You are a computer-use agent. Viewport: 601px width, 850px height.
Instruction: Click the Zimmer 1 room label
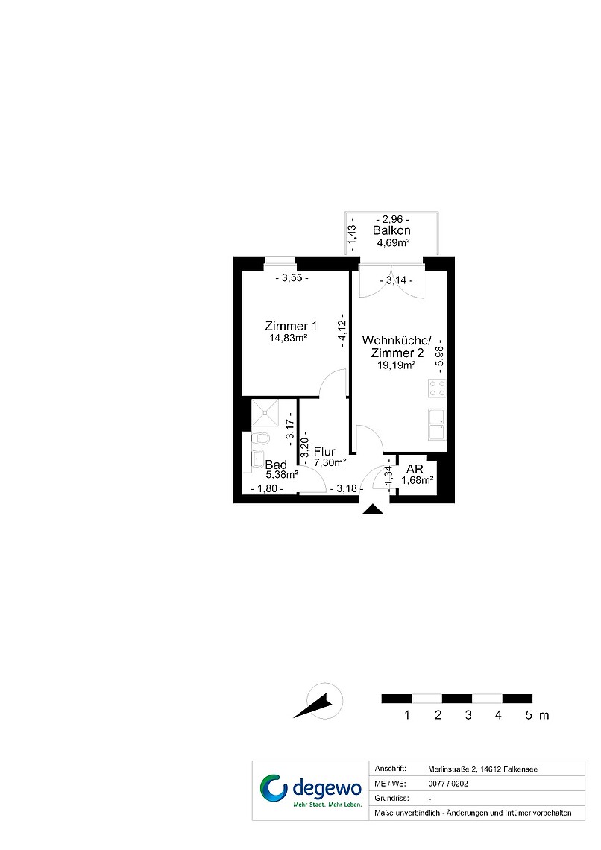[291, 326]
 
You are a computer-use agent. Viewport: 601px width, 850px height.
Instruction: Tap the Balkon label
[391, 230]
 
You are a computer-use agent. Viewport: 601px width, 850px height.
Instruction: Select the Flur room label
[324, 452]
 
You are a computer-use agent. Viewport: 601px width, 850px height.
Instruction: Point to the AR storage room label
[415, 469]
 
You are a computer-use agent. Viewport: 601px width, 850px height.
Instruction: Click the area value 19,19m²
[396, 365]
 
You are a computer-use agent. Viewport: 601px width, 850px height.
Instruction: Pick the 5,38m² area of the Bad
[283, 475]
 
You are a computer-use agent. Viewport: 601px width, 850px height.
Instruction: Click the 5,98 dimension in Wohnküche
[439, 357]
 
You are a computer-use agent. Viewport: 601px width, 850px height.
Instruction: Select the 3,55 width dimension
[292, 278]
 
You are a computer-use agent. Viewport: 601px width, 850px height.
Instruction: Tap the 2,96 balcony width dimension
[392, 219]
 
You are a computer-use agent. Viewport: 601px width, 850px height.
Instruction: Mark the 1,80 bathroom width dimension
[267, 488]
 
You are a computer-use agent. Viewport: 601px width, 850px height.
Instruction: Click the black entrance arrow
[372, 509]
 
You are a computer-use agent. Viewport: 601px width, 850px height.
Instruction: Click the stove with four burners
[437, 388]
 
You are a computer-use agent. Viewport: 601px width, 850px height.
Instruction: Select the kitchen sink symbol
[437, 424]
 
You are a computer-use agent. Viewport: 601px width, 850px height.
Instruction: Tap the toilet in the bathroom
[262, 438]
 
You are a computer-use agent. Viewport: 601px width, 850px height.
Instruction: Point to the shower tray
[265, 412]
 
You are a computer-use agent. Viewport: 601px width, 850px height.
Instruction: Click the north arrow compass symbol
[319, 702]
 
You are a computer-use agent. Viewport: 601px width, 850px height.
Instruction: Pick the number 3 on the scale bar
[468, 715]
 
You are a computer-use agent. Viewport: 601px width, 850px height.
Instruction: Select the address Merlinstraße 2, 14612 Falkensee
[483, 769]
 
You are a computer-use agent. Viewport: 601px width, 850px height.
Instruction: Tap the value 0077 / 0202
[448, 784]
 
